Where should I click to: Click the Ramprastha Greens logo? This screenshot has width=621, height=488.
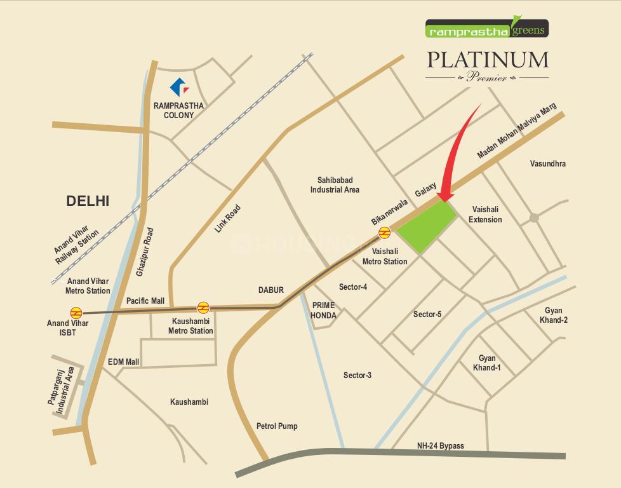[486, 29]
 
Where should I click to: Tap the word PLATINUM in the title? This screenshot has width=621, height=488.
[487, 60]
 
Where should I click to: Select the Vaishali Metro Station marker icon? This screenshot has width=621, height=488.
[384, 233]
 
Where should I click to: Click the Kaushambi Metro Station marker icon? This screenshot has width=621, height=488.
[203, 308]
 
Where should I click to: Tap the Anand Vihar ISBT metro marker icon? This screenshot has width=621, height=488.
[76, 312]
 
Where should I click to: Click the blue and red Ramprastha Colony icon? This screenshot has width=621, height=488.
[178, 88]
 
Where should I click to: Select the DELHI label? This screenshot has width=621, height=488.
[88, 201]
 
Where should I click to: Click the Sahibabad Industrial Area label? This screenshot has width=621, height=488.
[335, 185]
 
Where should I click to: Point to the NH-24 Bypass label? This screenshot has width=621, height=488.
[440, 445]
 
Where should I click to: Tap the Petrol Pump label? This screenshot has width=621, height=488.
[277, 426]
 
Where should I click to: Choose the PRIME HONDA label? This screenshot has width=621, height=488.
[323, 310]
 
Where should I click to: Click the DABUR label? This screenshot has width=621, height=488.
[270, 290]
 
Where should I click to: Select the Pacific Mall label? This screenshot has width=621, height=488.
[145, 301]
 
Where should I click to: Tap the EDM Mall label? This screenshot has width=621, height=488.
[123, 362]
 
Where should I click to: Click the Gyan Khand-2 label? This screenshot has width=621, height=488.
[554, 315]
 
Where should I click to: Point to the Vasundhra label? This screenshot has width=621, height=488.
[547, 163]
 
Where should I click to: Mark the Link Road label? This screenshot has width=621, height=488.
[227, 218]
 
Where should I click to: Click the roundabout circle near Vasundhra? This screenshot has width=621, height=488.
[534, 218]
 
